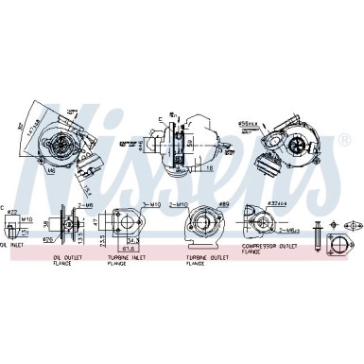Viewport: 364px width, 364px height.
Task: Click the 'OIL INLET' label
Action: [12, 246]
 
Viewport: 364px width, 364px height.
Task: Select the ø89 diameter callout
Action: [223, 203]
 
